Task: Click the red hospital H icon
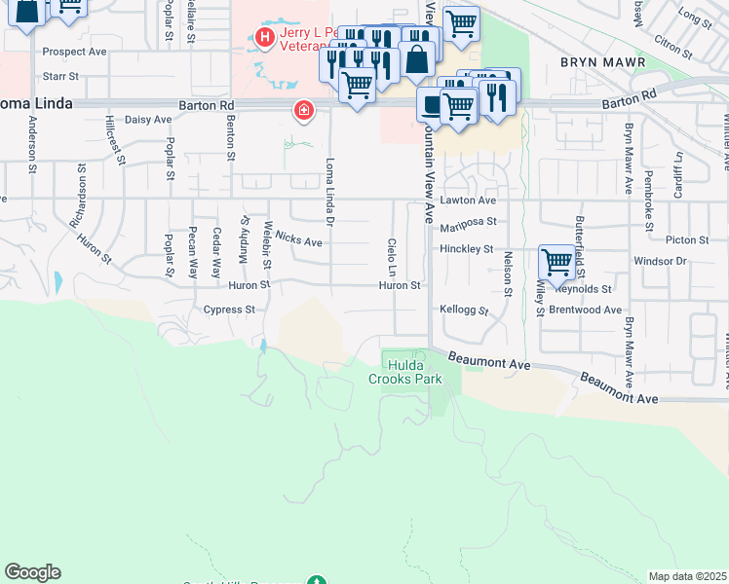263,38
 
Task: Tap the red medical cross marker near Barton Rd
305,110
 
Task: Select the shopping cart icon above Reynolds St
556,261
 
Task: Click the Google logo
32,572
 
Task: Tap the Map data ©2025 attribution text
687,576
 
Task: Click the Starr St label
60,75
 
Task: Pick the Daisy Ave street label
149,120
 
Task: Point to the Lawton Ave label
474,201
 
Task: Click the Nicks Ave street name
298,239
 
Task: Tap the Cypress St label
229,310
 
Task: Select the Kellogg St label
463,308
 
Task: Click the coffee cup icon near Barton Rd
431,101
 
